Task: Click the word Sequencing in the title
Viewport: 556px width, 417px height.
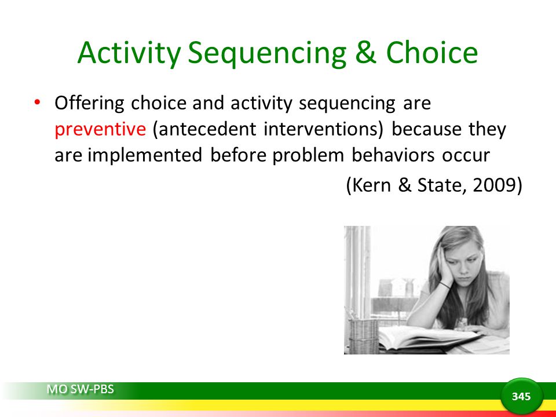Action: pyautogui.click(x=266, y=53)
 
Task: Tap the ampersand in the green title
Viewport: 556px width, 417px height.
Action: pyautogui.click(x=365, y=52)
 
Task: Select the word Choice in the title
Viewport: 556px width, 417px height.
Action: pyautogui.click(x=432, y=52)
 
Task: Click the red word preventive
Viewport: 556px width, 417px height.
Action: pyautogui.click(x=100, y=129)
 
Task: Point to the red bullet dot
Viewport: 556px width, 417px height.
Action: pyautogui.click(x=37, y=102)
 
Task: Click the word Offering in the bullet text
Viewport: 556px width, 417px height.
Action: pyautogui.click(x=89, y=104)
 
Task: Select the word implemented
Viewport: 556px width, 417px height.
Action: pyautogui.click(x=145, y=155)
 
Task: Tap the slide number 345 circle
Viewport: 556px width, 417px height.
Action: pyautogui.click(x=521, y=396)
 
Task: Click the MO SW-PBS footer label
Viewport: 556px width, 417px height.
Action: pyautogui.click(x=80, y=389)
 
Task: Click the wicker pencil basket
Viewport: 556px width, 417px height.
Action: pyautogui.click(x=363, y=335)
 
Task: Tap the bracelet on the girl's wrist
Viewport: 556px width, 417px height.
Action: pyautogui.click(x=445, y=285)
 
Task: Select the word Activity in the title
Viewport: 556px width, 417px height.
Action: pyautogui.click(x=129, y=53)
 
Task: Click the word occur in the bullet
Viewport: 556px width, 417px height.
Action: pyautogui.click(x=466, y=155)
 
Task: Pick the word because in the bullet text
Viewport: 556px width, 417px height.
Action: pyautogui.click(x=426, y=129)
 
